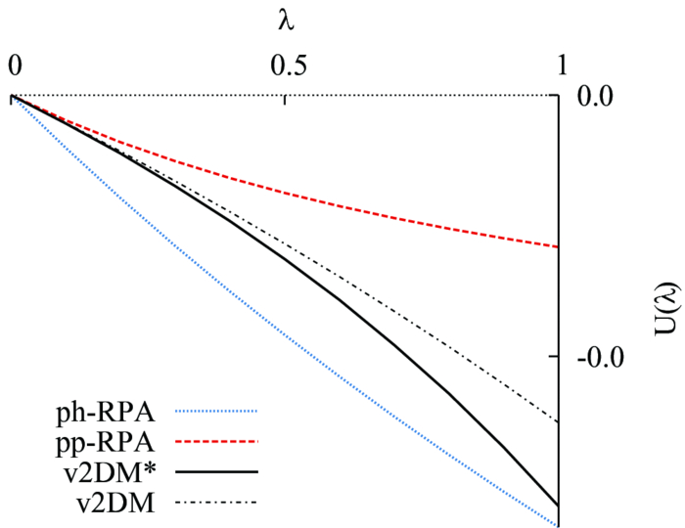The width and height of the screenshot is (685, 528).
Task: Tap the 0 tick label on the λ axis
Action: (x=14, y=66)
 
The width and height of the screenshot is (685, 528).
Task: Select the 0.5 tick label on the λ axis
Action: (x=285, y=66)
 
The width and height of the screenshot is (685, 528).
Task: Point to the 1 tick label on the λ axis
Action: (x=561, y=66)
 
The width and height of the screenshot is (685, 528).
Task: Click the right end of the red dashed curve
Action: (x=557, y=246)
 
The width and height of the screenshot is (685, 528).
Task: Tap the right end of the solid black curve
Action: (x=557, y=506)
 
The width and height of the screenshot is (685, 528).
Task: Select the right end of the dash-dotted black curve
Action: (x=557, y=421)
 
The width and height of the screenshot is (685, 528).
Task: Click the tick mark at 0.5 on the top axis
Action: (x=285, y=98)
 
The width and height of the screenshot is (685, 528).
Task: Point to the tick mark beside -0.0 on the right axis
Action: (x=554, y=357)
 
